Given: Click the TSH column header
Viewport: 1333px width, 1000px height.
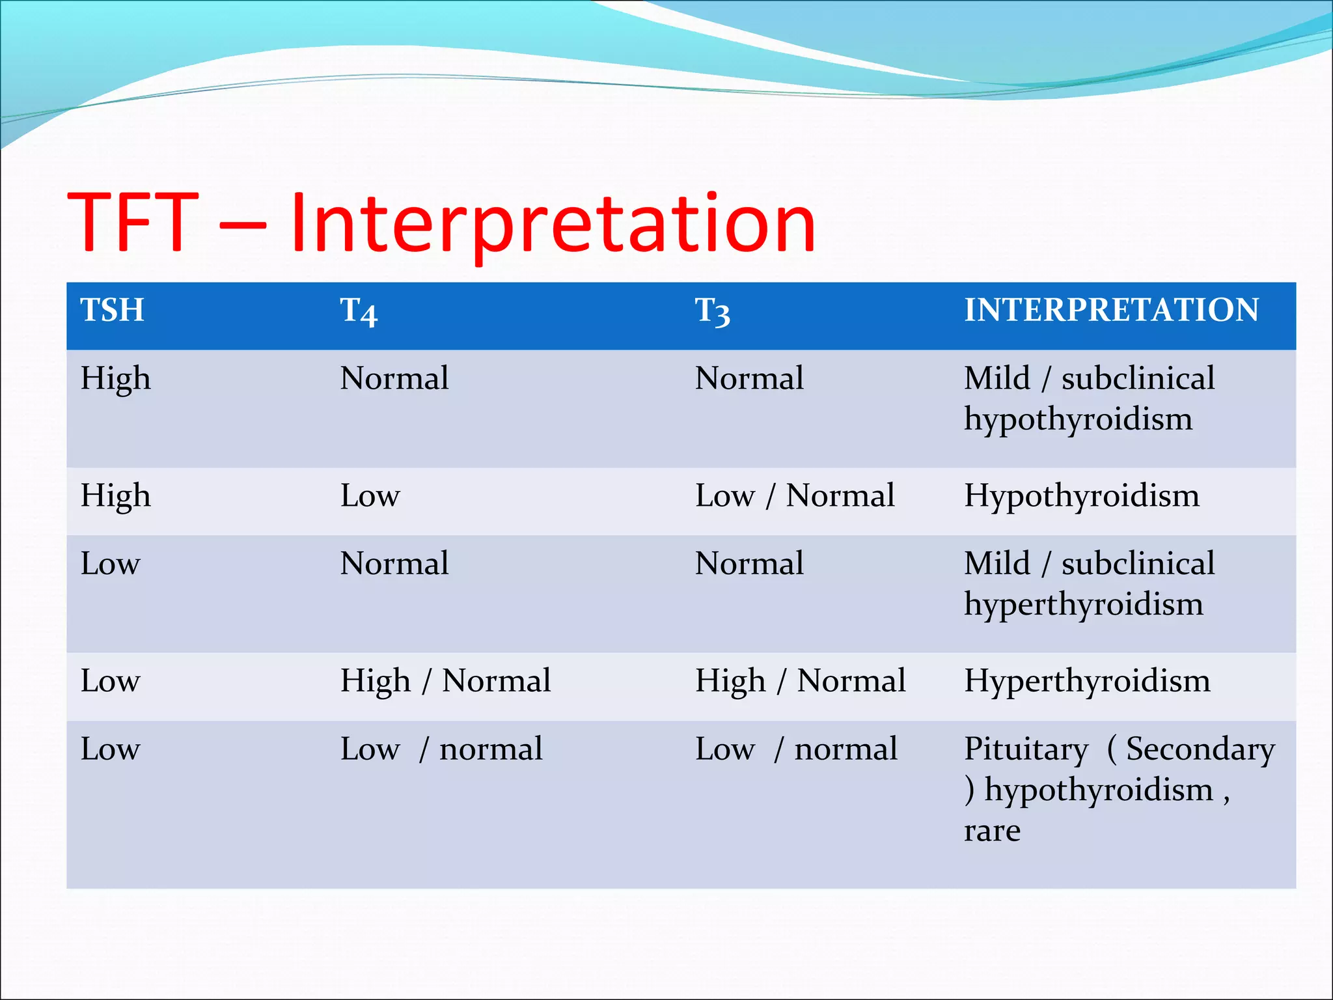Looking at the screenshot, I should click(112, 310).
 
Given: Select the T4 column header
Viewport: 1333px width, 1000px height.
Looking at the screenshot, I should click(359, 312).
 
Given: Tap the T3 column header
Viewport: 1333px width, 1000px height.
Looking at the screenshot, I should click(713, 312).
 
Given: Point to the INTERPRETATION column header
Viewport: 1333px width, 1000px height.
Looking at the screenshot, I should click(1111, 310).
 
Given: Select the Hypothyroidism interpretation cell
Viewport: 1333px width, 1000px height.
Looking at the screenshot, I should click(1081, 496).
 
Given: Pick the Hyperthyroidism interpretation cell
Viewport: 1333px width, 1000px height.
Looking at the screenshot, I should click(1087, 681).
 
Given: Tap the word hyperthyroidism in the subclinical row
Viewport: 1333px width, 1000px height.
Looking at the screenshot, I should click(1083, 605).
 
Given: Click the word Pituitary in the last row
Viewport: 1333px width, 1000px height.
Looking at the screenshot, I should click(1026, 749).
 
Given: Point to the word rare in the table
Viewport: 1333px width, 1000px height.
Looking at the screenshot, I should click(992, 831).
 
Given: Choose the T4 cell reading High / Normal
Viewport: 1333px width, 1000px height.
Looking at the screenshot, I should click(445, 681).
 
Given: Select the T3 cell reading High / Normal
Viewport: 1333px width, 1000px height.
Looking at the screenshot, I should click(800, 681).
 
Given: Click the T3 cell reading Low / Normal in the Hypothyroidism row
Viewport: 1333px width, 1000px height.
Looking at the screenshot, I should click(794, 496).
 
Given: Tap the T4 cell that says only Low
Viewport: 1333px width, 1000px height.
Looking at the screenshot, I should click(370, 496).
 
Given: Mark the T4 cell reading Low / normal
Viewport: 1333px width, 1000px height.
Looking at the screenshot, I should click(441, 749).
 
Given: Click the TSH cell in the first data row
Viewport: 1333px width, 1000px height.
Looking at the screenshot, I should click(115, 379).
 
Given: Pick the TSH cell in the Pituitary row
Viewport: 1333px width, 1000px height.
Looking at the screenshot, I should click(110, 749).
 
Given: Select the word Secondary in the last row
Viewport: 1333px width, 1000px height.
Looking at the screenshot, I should click(1200, 749).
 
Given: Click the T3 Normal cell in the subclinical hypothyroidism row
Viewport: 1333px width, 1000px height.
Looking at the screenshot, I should click(749, 379).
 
